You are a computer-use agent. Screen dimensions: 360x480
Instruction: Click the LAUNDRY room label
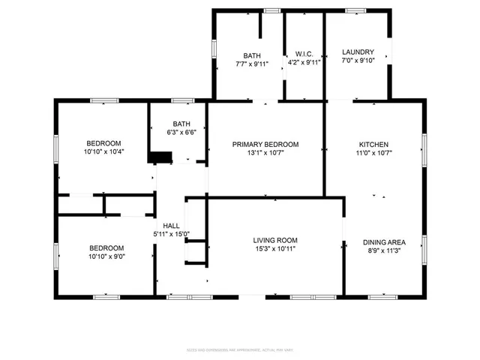point(358,52)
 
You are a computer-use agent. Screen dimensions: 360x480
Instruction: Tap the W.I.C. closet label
point(304,54)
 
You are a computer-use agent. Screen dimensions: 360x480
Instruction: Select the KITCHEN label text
point(373,144)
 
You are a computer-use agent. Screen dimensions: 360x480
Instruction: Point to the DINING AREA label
point(384,242)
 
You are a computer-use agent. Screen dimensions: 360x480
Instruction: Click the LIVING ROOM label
point(275,240)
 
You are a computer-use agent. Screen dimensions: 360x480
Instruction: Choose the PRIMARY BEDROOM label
point(265,144)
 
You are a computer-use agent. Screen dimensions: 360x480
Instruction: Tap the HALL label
point(171,225)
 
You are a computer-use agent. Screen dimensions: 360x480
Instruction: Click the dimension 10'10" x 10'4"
point(104,151)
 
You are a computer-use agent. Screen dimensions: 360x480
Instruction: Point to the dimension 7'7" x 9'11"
point(251,63)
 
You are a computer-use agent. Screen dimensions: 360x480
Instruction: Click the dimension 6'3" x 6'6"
point(181,133)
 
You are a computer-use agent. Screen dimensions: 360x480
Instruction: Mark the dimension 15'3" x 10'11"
point(275,248)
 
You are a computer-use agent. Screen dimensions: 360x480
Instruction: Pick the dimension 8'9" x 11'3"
point(384,250)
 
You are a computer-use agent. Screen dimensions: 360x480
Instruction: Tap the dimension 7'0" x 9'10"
point(358,61)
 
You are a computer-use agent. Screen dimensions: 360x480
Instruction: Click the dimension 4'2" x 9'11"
point(304,63)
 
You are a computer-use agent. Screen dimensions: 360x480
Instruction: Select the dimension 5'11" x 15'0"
point(172,234)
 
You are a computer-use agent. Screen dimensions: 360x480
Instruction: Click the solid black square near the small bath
point(159,157)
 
